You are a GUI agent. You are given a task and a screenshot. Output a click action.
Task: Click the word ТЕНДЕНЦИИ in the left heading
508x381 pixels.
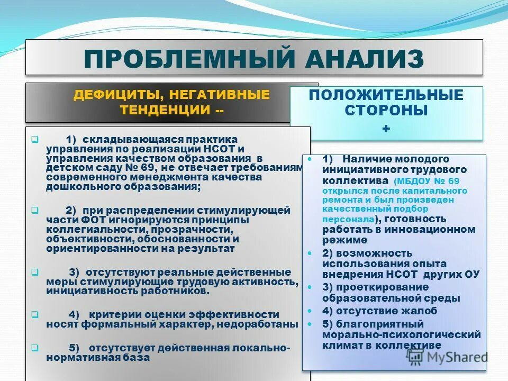click(165, 110)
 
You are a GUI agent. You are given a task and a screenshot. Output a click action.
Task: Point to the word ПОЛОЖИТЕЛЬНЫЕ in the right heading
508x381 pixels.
click(386, 95)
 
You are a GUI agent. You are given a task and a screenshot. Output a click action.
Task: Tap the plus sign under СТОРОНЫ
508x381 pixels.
click(386, 129)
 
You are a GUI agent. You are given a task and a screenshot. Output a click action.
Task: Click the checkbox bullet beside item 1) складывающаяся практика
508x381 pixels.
click(34, 140)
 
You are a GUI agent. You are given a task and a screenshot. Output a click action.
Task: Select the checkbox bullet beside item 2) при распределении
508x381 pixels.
click(34, 210)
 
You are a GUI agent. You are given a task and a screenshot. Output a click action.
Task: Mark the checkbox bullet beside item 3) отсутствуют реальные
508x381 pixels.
click(34, 272)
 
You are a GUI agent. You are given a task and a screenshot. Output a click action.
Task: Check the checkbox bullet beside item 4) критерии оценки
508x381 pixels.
click(34, 314)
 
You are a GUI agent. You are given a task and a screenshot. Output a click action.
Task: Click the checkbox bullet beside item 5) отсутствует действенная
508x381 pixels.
click(34, 348)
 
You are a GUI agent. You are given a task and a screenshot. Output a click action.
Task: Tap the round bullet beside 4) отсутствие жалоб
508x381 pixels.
click(310, 311)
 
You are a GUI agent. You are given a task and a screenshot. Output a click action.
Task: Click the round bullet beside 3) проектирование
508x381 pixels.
click(310, 286)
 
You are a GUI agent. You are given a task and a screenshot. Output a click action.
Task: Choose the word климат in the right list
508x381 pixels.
click(343, 345)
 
